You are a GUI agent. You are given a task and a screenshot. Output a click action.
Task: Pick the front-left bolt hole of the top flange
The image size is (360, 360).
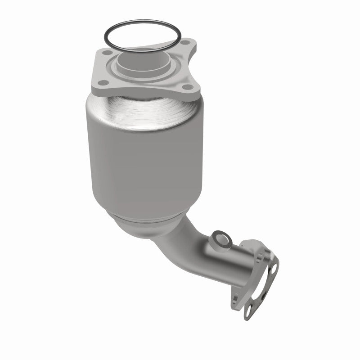[103, 82]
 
